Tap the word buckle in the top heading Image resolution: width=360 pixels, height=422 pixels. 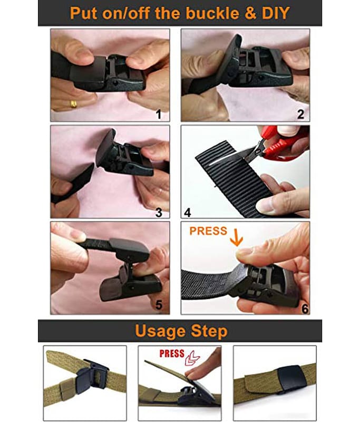tap(212, 13)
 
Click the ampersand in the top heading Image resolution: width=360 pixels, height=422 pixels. tap(250, 13)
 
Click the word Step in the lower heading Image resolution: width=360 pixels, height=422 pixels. tap(209, 332)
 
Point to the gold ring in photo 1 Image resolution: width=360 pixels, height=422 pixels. tap(73, 104)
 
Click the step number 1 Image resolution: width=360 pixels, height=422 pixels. tap(159, 114)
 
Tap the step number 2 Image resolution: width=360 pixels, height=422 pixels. tap(300, 114)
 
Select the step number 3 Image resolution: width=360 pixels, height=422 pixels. tap(159, 213)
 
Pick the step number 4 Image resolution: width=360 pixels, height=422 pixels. tap(188, 213)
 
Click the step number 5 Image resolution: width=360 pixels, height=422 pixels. tap(159, 305)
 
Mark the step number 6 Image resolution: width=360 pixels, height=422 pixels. tap(305, 309)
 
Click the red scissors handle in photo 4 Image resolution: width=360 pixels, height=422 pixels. tap(283, 146)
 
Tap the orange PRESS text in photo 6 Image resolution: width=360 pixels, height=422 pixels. tap(208, 231)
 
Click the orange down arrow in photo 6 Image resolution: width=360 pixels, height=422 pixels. tap(237, 237)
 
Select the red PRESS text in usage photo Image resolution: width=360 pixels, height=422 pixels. tap(172, 353)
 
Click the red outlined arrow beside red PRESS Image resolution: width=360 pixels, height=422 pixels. tap(192, 359)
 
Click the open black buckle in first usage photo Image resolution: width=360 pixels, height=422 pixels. tap(93, 373)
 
